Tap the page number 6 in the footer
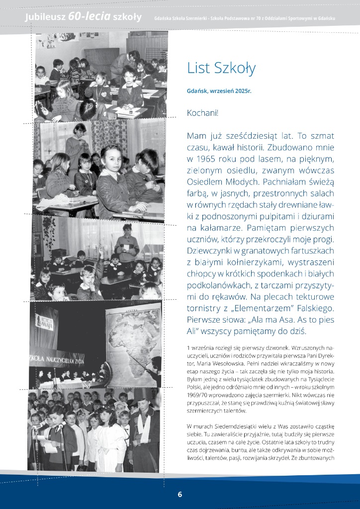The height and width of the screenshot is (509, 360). click(x=180, y=494)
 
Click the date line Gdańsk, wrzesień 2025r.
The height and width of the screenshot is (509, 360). click(x=219, y=91)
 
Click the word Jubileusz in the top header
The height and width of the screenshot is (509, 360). click(x=45, y=17)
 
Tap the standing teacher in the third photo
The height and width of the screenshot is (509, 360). click(x=127, y=241)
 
